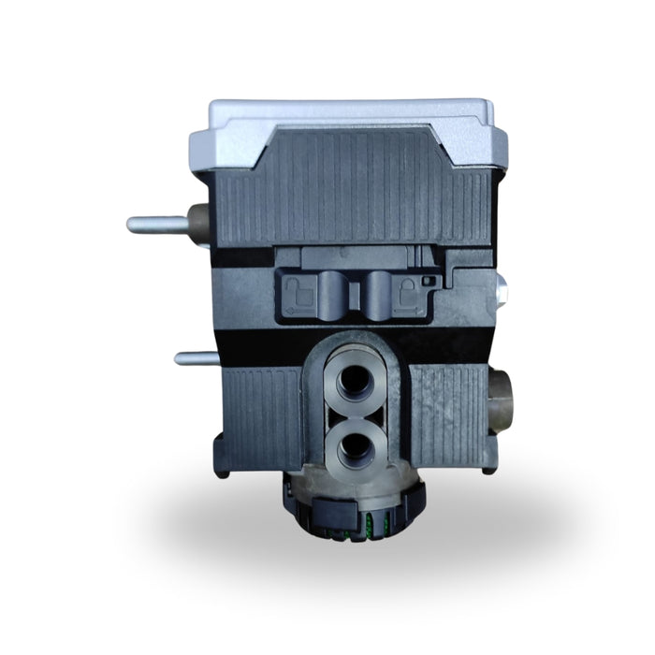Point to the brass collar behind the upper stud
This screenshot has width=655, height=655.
point(197,225)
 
